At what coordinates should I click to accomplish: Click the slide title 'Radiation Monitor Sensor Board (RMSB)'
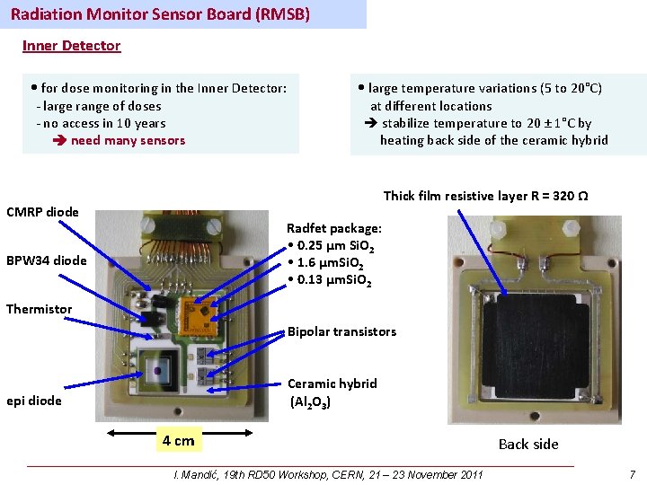click(160, 14)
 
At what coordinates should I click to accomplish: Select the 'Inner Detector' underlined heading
click(71, 45)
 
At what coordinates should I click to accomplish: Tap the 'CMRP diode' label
click(42, 212)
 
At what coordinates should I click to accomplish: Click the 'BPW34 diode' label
click(47, 260)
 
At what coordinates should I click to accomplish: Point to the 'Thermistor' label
click(39, 309)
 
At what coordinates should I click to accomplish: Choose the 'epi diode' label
click(34, 401)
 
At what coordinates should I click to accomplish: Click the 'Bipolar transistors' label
click(341, 331)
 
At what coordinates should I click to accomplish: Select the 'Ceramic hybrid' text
click(332, 384)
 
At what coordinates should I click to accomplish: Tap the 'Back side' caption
click(528, 444)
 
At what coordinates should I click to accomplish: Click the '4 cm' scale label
click(178, 440)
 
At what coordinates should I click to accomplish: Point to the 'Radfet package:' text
click(333, 228)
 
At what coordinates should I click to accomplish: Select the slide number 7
click(633, 474)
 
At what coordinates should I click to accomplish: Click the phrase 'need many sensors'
click(128, 140)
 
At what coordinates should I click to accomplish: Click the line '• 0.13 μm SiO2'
click(330, 281)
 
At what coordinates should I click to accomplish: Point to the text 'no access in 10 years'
click(103, 123)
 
